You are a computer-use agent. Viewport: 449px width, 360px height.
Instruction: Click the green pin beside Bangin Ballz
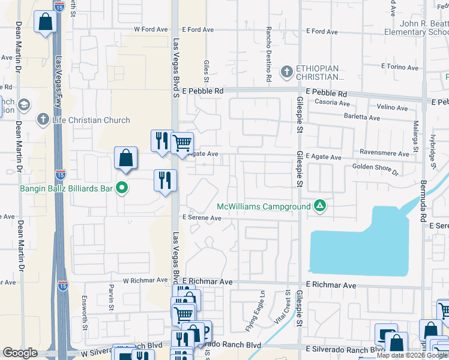(122, 189)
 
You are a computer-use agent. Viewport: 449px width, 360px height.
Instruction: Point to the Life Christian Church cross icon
(43, 119)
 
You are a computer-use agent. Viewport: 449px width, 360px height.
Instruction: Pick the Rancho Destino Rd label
(269, 55)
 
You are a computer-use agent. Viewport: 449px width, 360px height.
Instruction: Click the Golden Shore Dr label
(375, 169)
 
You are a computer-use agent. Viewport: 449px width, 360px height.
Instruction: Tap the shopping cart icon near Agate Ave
(182, 143)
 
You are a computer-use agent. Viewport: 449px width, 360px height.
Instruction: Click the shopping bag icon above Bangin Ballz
(126, 158)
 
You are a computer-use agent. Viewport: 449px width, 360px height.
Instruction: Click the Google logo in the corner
(20, 353)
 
